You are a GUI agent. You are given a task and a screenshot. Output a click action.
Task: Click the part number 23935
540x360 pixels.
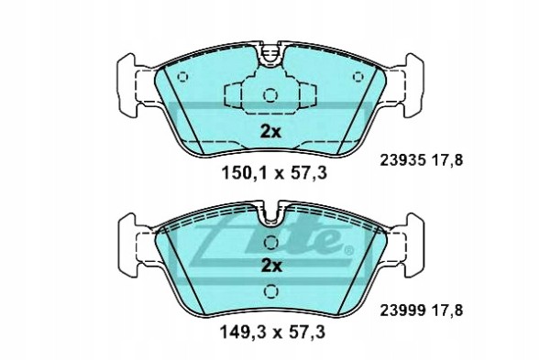(400, 158)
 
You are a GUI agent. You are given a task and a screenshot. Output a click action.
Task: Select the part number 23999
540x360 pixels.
(400, 311)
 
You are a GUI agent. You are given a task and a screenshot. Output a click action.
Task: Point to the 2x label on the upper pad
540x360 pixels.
(270, 131)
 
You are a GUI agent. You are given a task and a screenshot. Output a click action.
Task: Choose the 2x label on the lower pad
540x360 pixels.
(270, 267)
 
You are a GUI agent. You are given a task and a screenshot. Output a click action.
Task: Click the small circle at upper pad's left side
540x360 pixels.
(182, 77)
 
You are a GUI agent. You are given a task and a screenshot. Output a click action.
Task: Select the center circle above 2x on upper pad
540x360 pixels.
(270, 95)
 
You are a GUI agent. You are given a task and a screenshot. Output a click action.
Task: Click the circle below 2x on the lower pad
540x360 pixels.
(270, 292)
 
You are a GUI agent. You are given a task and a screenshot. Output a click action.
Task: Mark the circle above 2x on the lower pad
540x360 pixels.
(270, 243)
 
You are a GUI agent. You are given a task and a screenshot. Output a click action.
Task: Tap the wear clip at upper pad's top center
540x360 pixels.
(270, 57)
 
